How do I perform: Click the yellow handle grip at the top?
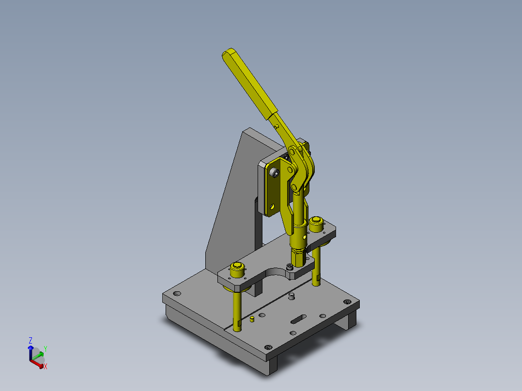[250, 84]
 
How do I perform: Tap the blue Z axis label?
[31, 340]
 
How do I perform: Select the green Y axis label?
[46, 349]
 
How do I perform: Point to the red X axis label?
[46, 366]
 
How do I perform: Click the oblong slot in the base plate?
[299, 319]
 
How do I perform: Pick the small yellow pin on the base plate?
[252, 319]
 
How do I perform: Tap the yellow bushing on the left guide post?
[237, 270]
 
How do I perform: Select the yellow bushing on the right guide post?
[316, 224]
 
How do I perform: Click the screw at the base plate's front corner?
[268, 347]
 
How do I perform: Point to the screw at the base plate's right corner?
[347, 301]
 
